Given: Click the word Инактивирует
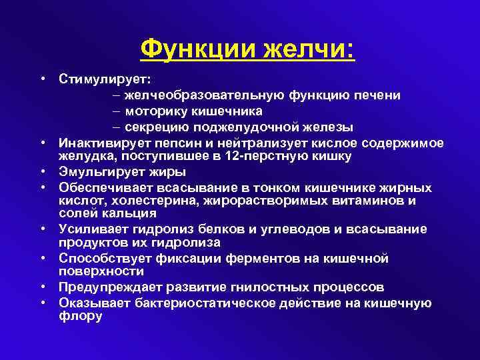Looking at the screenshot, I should click(103, 143).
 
